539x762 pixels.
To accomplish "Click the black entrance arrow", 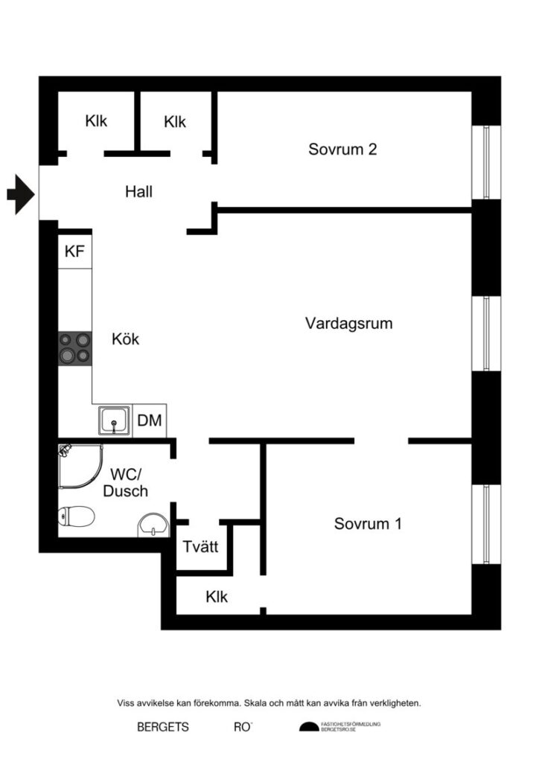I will [21, 195].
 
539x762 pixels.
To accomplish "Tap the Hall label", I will [138, 192].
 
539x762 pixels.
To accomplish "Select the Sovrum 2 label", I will [342, 149].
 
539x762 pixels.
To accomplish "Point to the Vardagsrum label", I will [348, 324].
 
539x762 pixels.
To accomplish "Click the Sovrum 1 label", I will [368, 523].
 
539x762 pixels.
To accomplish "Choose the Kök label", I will [125, 339].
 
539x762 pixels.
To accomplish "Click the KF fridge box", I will [74, 252].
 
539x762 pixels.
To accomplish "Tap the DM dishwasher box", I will [150, 421].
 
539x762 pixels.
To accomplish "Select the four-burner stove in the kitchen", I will [75, 348].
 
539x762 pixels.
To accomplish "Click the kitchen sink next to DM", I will [114, 421].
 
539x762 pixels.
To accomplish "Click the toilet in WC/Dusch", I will [76, 516].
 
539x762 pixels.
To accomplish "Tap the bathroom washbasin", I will [154, 525].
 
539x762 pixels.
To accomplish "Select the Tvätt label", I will [200, 547].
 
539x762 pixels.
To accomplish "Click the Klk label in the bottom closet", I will [217, 596].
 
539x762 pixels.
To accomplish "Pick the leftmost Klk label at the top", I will [96, 121].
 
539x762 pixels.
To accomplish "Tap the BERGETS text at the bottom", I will [163, 727].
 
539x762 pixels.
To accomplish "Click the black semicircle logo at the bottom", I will [308, 727].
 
